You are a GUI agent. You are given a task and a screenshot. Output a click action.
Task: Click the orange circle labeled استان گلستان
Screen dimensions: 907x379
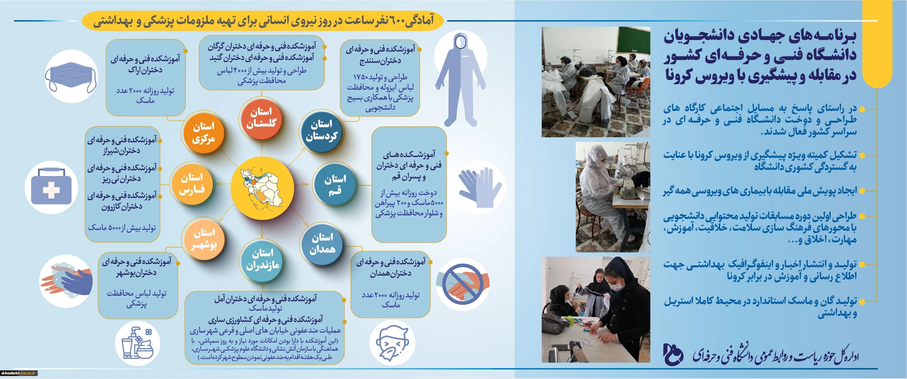tap(261, 118)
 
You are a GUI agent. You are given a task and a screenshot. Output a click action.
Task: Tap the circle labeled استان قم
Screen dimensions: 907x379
tap(335, 184)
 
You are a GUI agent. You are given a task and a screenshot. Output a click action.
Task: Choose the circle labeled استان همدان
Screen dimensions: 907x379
tap(322, 244)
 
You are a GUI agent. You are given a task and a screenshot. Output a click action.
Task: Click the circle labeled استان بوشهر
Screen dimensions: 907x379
tap(203, 239)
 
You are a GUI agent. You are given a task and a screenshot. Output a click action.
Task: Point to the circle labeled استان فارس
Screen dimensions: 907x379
tap(192, 184)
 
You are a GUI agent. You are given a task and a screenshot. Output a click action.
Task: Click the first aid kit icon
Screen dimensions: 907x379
tap(51, 187)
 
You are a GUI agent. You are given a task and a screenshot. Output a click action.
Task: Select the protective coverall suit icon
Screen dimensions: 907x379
tap(461, 80)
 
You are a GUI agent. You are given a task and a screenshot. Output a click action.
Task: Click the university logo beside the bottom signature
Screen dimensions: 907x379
tap(672, 354)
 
